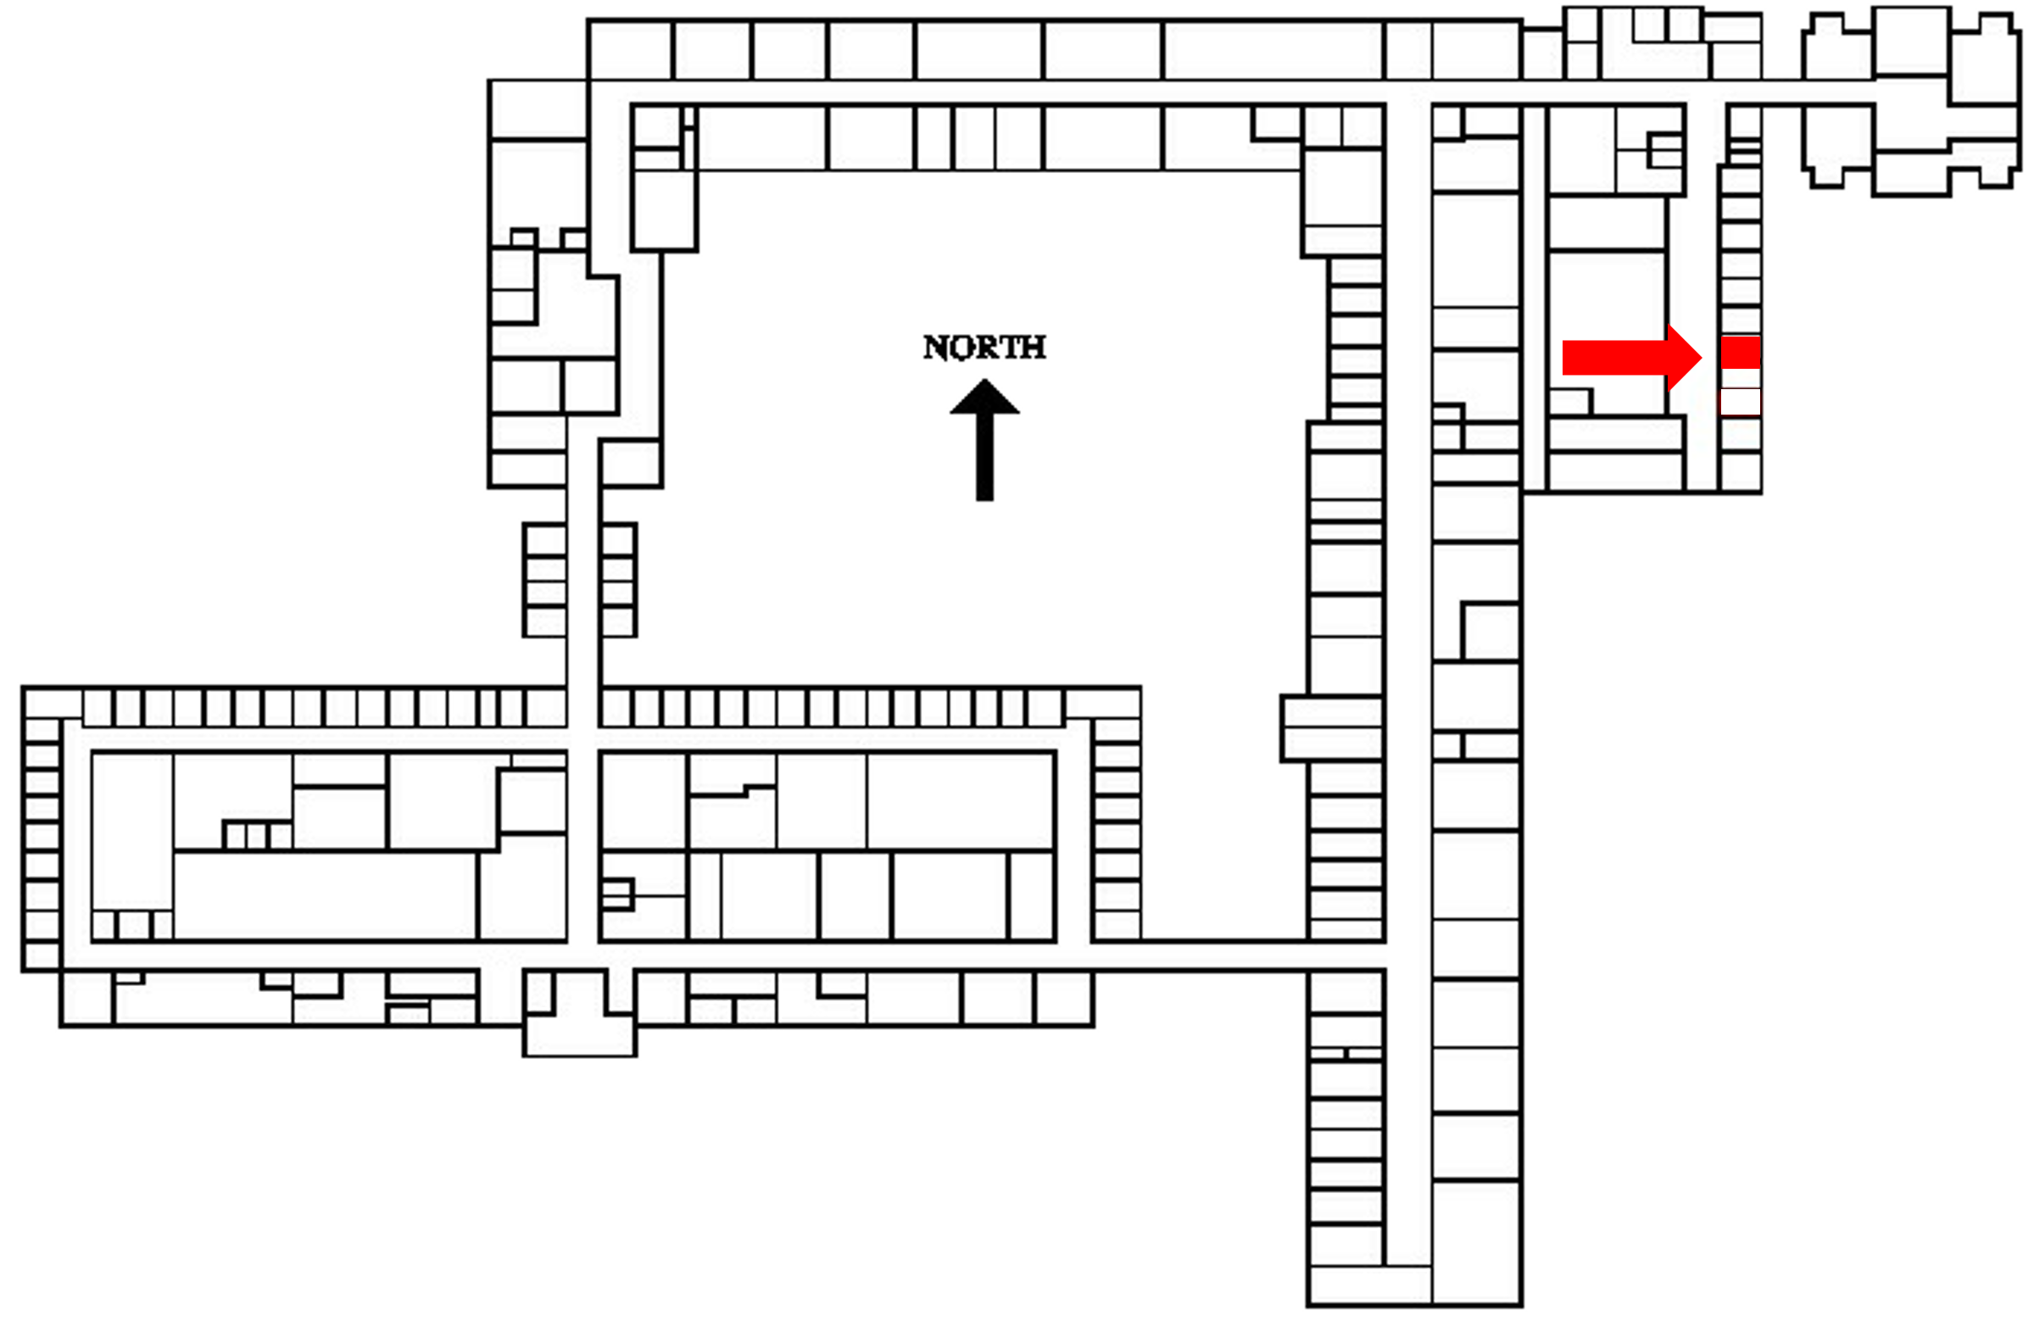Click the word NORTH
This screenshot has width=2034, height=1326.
coord(984,347)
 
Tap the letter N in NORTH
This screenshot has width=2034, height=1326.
coord(935,347)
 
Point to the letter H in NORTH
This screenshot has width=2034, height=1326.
coord(1034,347)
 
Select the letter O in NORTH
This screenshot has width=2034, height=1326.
coord(960,347)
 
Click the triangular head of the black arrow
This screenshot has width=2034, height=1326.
coord(984,398)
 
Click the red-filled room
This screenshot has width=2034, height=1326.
coord(1740,352)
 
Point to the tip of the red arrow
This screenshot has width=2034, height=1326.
coord(1700,357)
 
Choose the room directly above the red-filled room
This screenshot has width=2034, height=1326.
coord(1740,320)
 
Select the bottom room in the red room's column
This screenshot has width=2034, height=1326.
coord(1740,471)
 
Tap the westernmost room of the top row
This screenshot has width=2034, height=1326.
coord(630,49)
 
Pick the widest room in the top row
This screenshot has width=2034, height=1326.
coord(1273,49)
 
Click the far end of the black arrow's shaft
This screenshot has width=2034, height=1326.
coord(984,497)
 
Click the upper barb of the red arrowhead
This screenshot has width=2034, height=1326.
coord(1669,327)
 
